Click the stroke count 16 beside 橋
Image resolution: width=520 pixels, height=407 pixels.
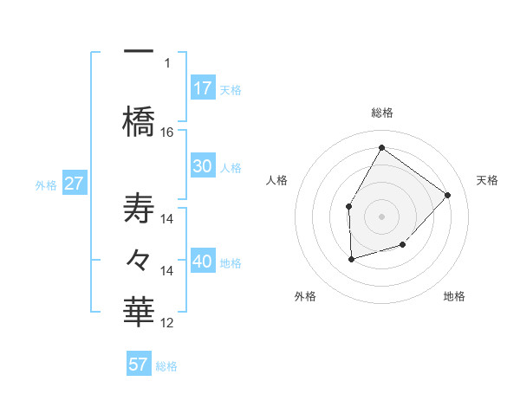pos(167,132)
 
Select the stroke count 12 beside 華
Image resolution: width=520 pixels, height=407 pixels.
pos(167,323)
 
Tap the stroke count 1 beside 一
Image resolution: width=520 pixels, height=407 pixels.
pos(167,62)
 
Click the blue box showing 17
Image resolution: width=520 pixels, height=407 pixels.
pos(202,88)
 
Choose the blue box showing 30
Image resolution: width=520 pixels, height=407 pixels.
pos(202,167)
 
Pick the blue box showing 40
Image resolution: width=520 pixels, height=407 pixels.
pos(202,262)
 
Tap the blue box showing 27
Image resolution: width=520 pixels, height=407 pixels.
pos(74,183)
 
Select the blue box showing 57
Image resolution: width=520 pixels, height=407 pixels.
pos(138,365)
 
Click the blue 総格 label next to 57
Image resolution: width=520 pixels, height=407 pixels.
pos(166,366)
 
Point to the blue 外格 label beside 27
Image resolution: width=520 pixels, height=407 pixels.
pos(46,184)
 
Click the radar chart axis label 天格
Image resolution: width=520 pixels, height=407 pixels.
pos(487,180)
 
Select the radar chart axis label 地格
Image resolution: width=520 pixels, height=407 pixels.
pos(454,296)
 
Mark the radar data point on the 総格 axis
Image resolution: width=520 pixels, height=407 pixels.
pos(381,147)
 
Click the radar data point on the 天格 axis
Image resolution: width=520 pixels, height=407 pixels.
pos(447,195)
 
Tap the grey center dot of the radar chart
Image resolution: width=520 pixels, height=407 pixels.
pos(381,216)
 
